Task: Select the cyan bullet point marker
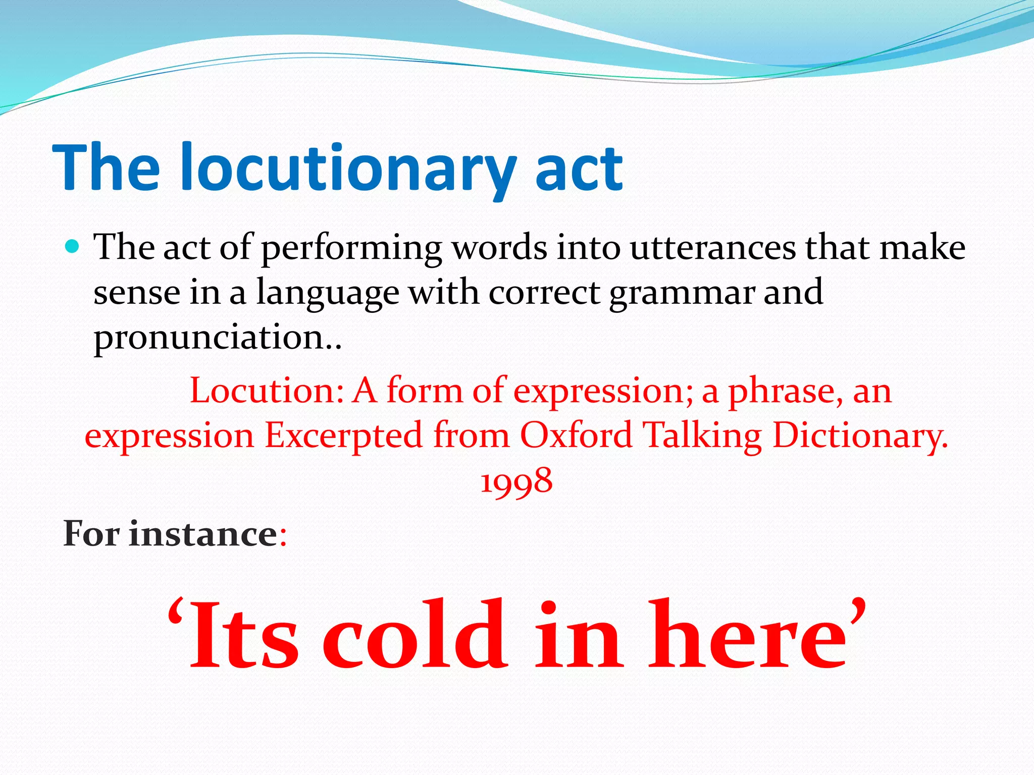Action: tap(73, 247)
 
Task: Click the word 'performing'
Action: tap(351, 249)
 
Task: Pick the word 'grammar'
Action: tap(682, 293)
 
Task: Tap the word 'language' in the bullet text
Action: tap(328, 293)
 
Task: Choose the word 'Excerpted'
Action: tap(343, 435)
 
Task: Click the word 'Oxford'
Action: tap(576, 435)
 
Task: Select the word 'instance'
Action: tap(203, 534)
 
